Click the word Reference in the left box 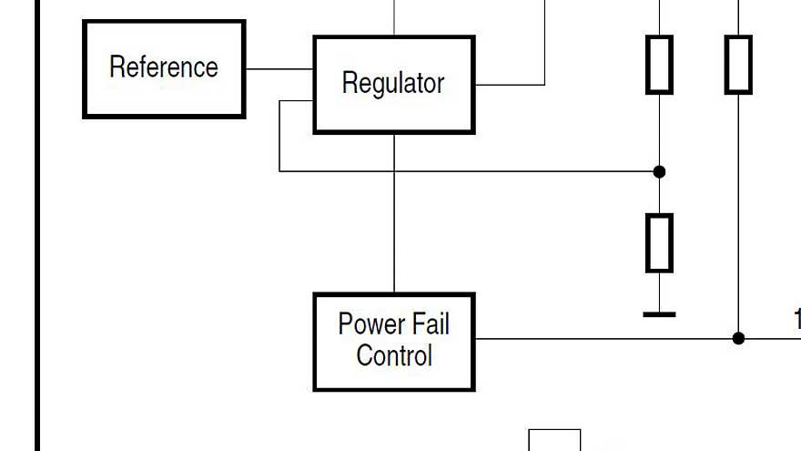[x=164, y=67]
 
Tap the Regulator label [x=393, y=83]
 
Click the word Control [x=394, y=354]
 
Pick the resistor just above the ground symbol [x=660, y=242]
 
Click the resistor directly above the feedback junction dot [x=660, y=65]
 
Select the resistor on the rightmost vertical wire [x=738, y=65]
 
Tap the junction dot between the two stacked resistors [x=660, y=171]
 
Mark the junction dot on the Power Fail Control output [x=738, y=338]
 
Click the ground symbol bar [x=660, y=314]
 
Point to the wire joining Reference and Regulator [x=279, y=68]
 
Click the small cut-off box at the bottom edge [x=554, y=440]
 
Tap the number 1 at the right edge [x=796, y=319]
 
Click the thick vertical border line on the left [x=37, y=228]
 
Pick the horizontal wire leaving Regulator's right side [x=510, y=85]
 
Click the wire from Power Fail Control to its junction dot [x=601, y=339]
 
